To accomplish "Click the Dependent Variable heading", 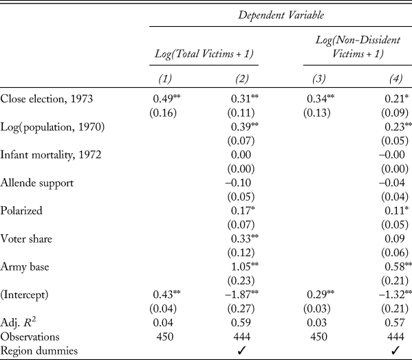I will pos(281,13).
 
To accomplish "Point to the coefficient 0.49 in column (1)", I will pos(162,98).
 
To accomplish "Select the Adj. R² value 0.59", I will pos(240,321).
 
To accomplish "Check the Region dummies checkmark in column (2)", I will pos(240,350).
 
